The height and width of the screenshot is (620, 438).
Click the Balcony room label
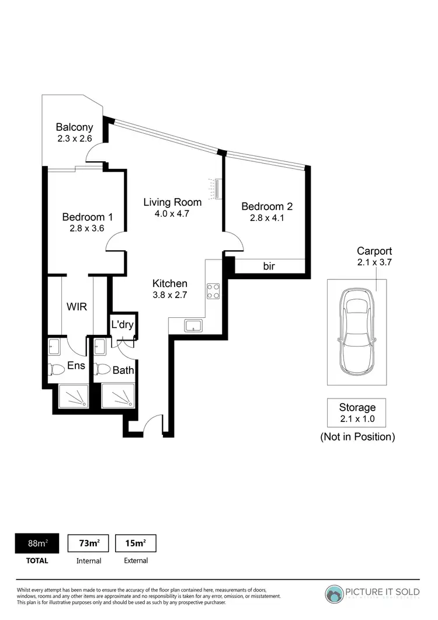(74, 127)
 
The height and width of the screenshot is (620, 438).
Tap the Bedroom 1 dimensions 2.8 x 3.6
(87, 228)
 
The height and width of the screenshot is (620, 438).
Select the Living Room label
(172, 202)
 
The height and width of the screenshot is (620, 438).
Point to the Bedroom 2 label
(266, 206)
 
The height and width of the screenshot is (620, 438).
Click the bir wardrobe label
(269, 266)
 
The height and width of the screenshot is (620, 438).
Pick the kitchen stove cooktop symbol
(213, 291)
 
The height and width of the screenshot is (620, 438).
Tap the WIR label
(77, 307)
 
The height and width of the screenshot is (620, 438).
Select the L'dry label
(122, 325)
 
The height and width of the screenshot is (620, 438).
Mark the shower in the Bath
(119, 397)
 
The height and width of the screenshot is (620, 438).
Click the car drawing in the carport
(356, 332)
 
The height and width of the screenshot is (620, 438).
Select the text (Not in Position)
(357, 437)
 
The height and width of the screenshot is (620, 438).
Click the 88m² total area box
(39, 543)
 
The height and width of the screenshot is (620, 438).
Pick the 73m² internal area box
(89, 543)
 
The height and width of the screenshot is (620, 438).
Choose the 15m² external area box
(136, 543)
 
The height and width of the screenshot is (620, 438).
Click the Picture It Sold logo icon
(335, 593)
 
